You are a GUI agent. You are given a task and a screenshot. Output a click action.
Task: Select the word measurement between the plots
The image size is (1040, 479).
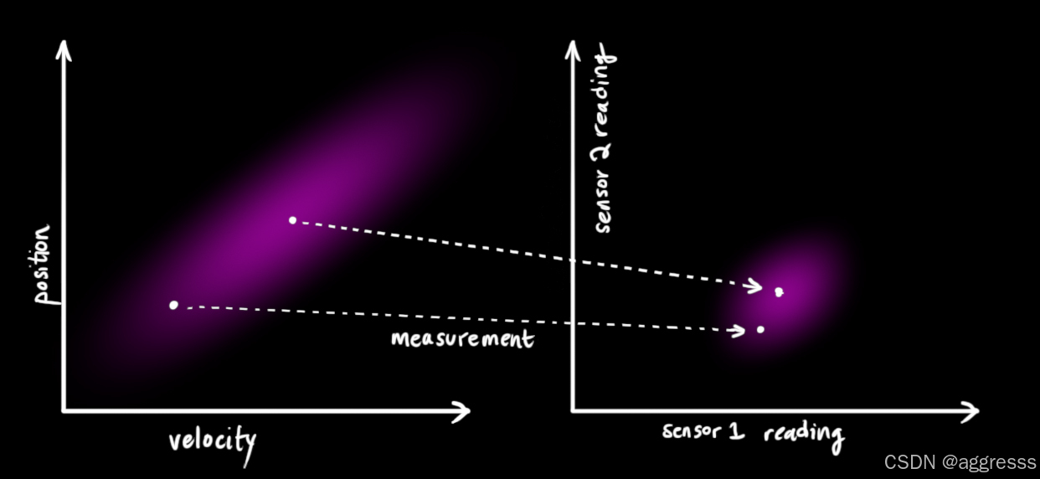click(x=461, y=339)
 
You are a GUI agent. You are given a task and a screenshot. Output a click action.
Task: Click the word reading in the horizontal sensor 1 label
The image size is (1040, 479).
click(x=802, y=435)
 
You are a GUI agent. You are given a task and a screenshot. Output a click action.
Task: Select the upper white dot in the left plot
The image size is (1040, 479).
click(x=292, y=220)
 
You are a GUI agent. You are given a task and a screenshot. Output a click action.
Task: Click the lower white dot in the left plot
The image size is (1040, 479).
click(x=173, y=306)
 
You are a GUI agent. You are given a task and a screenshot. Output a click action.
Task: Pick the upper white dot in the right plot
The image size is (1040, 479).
click(x=779, y=292)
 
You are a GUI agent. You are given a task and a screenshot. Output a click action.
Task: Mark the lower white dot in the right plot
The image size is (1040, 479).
click(x=760, y=330)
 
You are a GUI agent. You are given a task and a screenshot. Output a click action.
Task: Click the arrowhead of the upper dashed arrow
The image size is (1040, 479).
click(x=756, y=287)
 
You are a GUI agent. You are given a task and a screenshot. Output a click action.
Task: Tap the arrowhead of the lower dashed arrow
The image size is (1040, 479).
click(x=739, y=331)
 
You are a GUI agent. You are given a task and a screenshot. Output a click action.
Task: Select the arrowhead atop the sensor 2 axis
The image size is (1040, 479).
click(x=572, y=48)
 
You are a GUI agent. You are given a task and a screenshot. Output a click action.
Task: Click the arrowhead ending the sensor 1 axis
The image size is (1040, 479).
click(x=971, y=411)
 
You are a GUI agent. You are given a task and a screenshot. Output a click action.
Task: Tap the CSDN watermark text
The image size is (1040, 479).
click(x=959, y=461)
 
